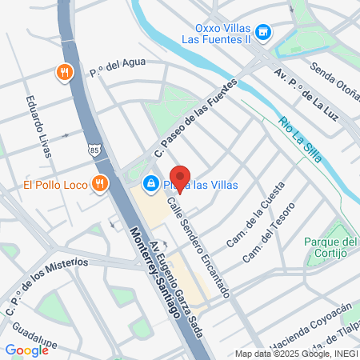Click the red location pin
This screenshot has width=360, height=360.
[180, 178]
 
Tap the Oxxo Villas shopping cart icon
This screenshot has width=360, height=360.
[266, 33]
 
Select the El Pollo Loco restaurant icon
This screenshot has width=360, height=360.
[99, 183]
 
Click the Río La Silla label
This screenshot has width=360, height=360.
[300, 139]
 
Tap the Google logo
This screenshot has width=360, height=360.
[26, 350]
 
